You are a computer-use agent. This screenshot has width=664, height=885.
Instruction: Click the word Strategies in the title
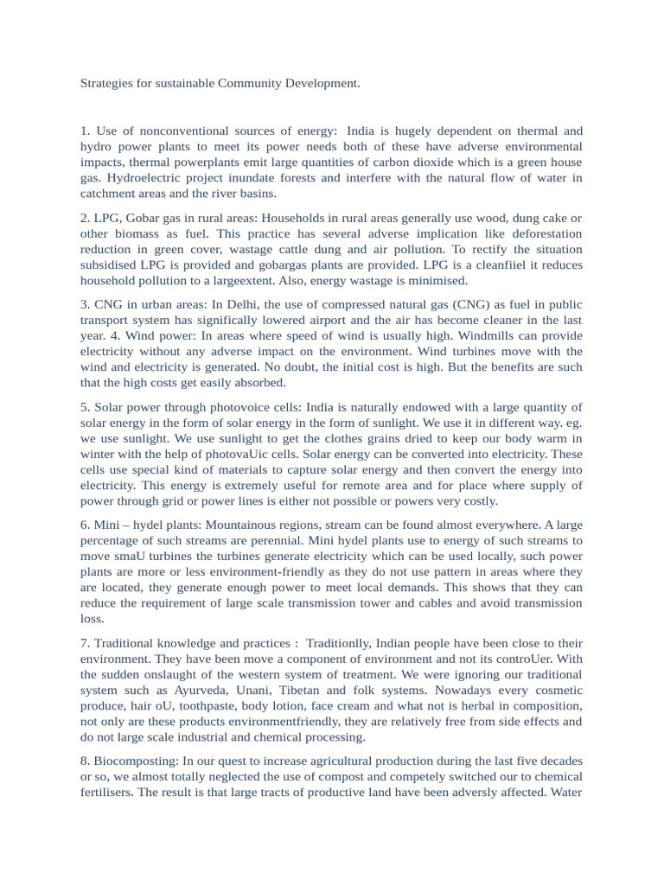click(107, 84)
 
